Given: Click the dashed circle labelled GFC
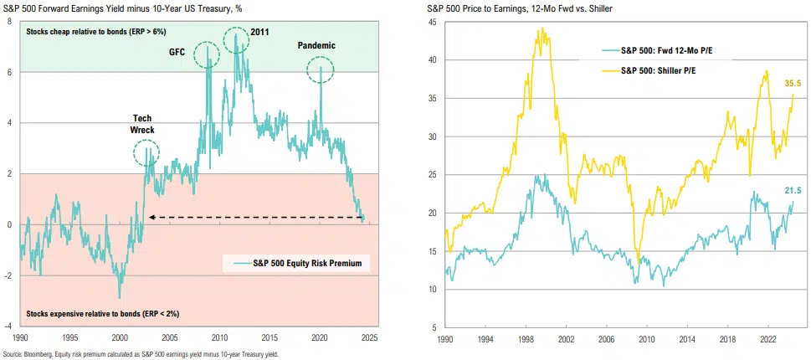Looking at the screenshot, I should click(x=208, y=55).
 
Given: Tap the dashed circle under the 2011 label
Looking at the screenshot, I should click(x=237, y=39).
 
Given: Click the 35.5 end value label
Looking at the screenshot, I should click(x=793, y=84).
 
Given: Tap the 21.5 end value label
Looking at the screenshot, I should click(x=793, y=192).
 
